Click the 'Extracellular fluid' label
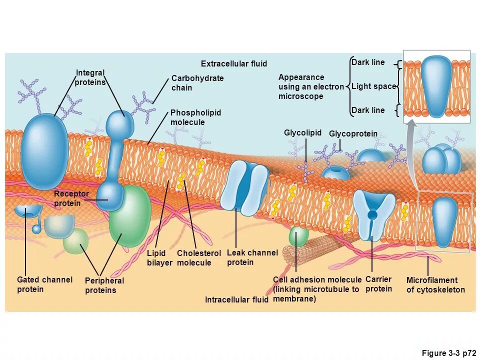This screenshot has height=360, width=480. tap(234, 64)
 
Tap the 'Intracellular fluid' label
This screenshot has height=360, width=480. tap(236, 300)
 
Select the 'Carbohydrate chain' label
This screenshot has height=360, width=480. tap(197, 83)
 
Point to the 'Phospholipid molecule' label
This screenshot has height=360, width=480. tap(195, 117)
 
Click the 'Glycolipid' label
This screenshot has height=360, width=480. tap(302, 132)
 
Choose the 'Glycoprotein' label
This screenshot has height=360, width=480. tap(353, 134)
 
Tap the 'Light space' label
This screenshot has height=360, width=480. tap(373, 86)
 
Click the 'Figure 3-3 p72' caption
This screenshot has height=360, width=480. tap(448, 353)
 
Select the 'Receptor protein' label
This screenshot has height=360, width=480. tap(71, 198)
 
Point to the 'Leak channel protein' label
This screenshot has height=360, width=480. tap(252, 257)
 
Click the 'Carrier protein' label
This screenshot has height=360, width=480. tap(378, 284)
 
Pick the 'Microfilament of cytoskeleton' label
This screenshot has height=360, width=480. tap(435, 285)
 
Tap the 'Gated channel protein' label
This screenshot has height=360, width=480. tap(44, 284)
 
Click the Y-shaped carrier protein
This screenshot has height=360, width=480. tap(373, 210)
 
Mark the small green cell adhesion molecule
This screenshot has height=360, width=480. tap(298, 236)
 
